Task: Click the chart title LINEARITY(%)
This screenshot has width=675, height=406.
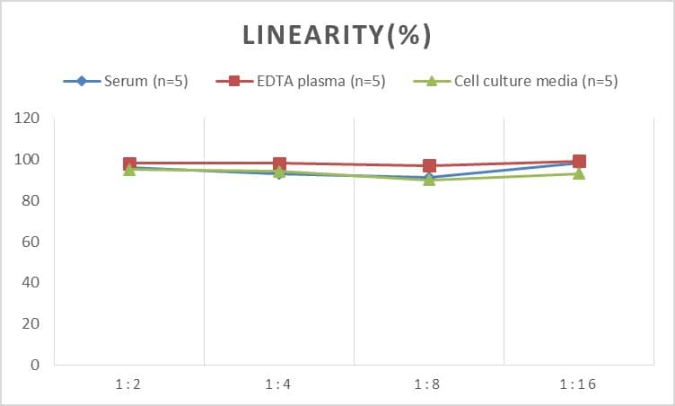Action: (x=337, y=35)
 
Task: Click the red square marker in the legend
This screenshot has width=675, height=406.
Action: (x=234, y=82)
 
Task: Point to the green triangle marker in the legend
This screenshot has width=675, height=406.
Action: (x=431, y=82)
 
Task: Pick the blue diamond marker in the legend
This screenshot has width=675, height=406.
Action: (x=82, y=82)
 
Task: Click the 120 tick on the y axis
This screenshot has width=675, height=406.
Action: (x=27, y=119)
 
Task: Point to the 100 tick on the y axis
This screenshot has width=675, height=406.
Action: (x=27, y=160)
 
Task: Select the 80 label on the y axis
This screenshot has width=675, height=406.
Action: (x=31, y=201)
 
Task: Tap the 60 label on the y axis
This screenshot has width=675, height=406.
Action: (x=31, y=242)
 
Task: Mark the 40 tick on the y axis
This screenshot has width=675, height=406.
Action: (x=31, y=283)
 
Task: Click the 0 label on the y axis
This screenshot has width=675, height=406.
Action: (x=35, y=365)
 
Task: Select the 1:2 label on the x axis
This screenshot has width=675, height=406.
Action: (x=129, y=384)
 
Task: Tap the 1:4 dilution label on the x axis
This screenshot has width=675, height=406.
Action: (x=279, y=384)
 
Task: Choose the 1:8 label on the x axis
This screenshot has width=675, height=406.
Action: (x=429, y=384)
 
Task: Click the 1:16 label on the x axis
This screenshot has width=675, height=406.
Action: (x=579, y=384)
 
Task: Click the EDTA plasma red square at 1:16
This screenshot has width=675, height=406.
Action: (x=579, y=162)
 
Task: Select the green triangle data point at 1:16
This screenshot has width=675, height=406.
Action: (x=579, y=173)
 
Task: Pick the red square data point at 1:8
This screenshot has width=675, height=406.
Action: (x=429, y=165)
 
